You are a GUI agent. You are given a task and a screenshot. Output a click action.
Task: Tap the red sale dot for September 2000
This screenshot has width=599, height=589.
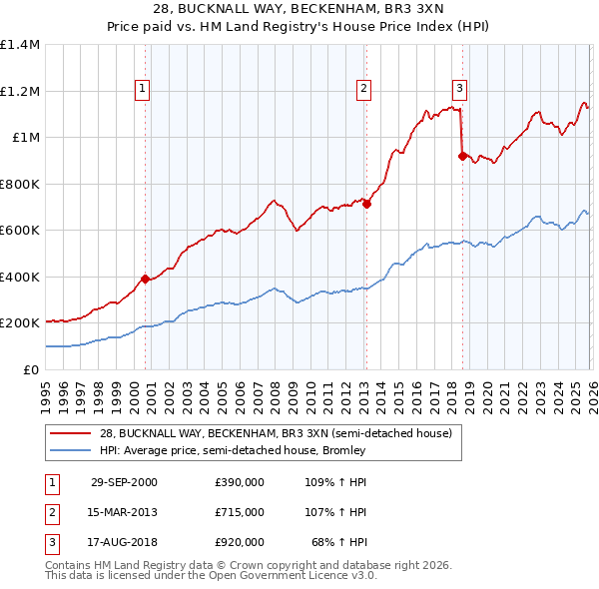click(146, 279)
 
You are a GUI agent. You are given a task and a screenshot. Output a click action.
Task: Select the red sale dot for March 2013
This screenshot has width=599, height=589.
click(366, 204)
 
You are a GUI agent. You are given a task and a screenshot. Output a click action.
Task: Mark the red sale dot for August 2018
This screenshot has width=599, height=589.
click(462, 156)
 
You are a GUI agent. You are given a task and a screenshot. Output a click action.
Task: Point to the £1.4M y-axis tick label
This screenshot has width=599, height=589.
click(20, 45)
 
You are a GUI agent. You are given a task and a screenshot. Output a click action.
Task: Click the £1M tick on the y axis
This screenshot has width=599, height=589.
click(26, 138)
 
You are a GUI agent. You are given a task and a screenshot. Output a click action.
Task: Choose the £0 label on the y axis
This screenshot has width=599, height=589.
click(32, 369)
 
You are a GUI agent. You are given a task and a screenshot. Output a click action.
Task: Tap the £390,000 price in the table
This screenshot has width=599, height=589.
click(240, 482)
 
